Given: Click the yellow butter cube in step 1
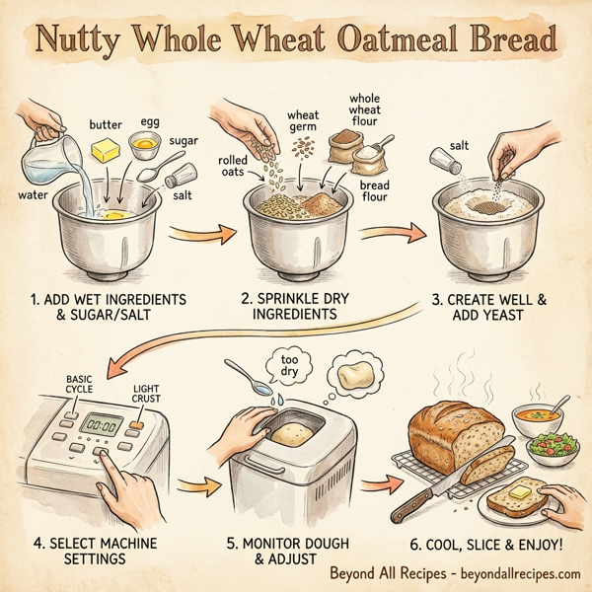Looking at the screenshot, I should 105,150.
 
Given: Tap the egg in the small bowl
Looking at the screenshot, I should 145,145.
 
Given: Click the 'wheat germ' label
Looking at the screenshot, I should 303,121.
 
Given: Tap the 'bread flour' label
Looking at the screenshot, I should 374,190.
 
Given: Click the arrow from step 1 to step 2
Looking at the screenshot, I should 201,234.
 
